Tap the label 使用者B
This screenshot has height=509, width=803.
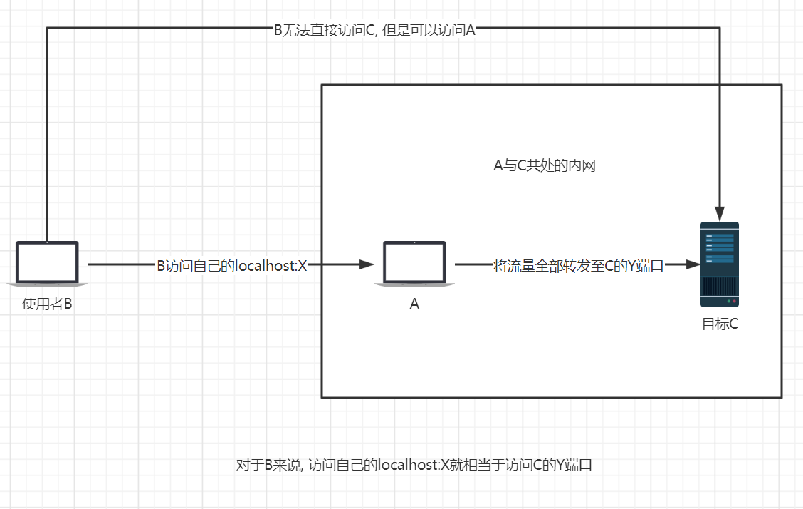(x=47, y=304)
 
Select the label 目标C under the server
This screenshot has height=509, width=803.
(x=720, y=324)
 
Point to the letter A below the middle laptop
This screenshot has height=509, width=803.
(x=414, y=304)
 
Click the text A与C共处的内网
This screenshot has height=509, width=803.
(x=545, y=166)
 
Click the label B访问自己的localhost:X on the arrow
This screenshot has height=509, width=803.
(x=231, y=266)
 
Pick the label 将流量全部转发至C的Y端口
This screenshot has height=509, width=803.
(x=578, y=266)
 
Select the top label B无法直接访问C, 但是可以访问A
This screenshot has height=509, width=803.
(x=374, y=30)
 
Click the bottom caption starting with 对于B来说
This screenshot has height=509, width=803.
(x=414, y=466)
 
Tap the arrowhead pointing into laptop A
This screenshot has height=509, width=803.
(x=367, y=265)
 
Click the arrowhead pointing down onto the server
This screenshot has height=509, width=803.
(x=720, y=214)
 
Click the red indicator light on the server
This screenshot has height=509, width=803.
(x=734, y=302)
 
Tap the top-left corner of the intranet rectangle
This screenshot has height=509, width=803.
(x=322, y=86)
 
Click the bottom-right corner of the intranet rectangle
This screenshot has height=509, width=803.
(x=782, y=396)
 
